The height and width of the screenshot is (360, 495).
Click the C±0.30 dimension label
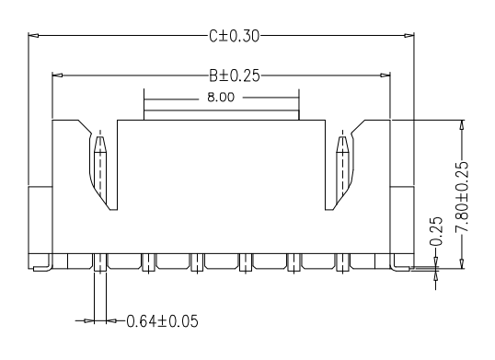pyautogui.click(x=234, y=36)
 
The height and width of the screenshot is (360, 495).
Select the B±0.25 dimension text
pyautogui.click(x=234, y=75)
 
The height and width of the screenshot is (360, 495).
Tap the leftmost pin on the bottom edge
pyautogui.click(x=100, y=261)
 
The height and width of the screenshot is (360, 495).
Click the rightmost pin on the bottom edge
pyautogui.click(x=343, y=261)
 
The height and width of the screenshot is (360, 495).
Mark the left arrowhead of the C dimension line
pyautogui.click(x=34, y=36)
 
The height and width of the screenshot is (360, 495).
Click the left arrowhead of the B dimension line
pyautogui.click(x=58, y=75)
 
